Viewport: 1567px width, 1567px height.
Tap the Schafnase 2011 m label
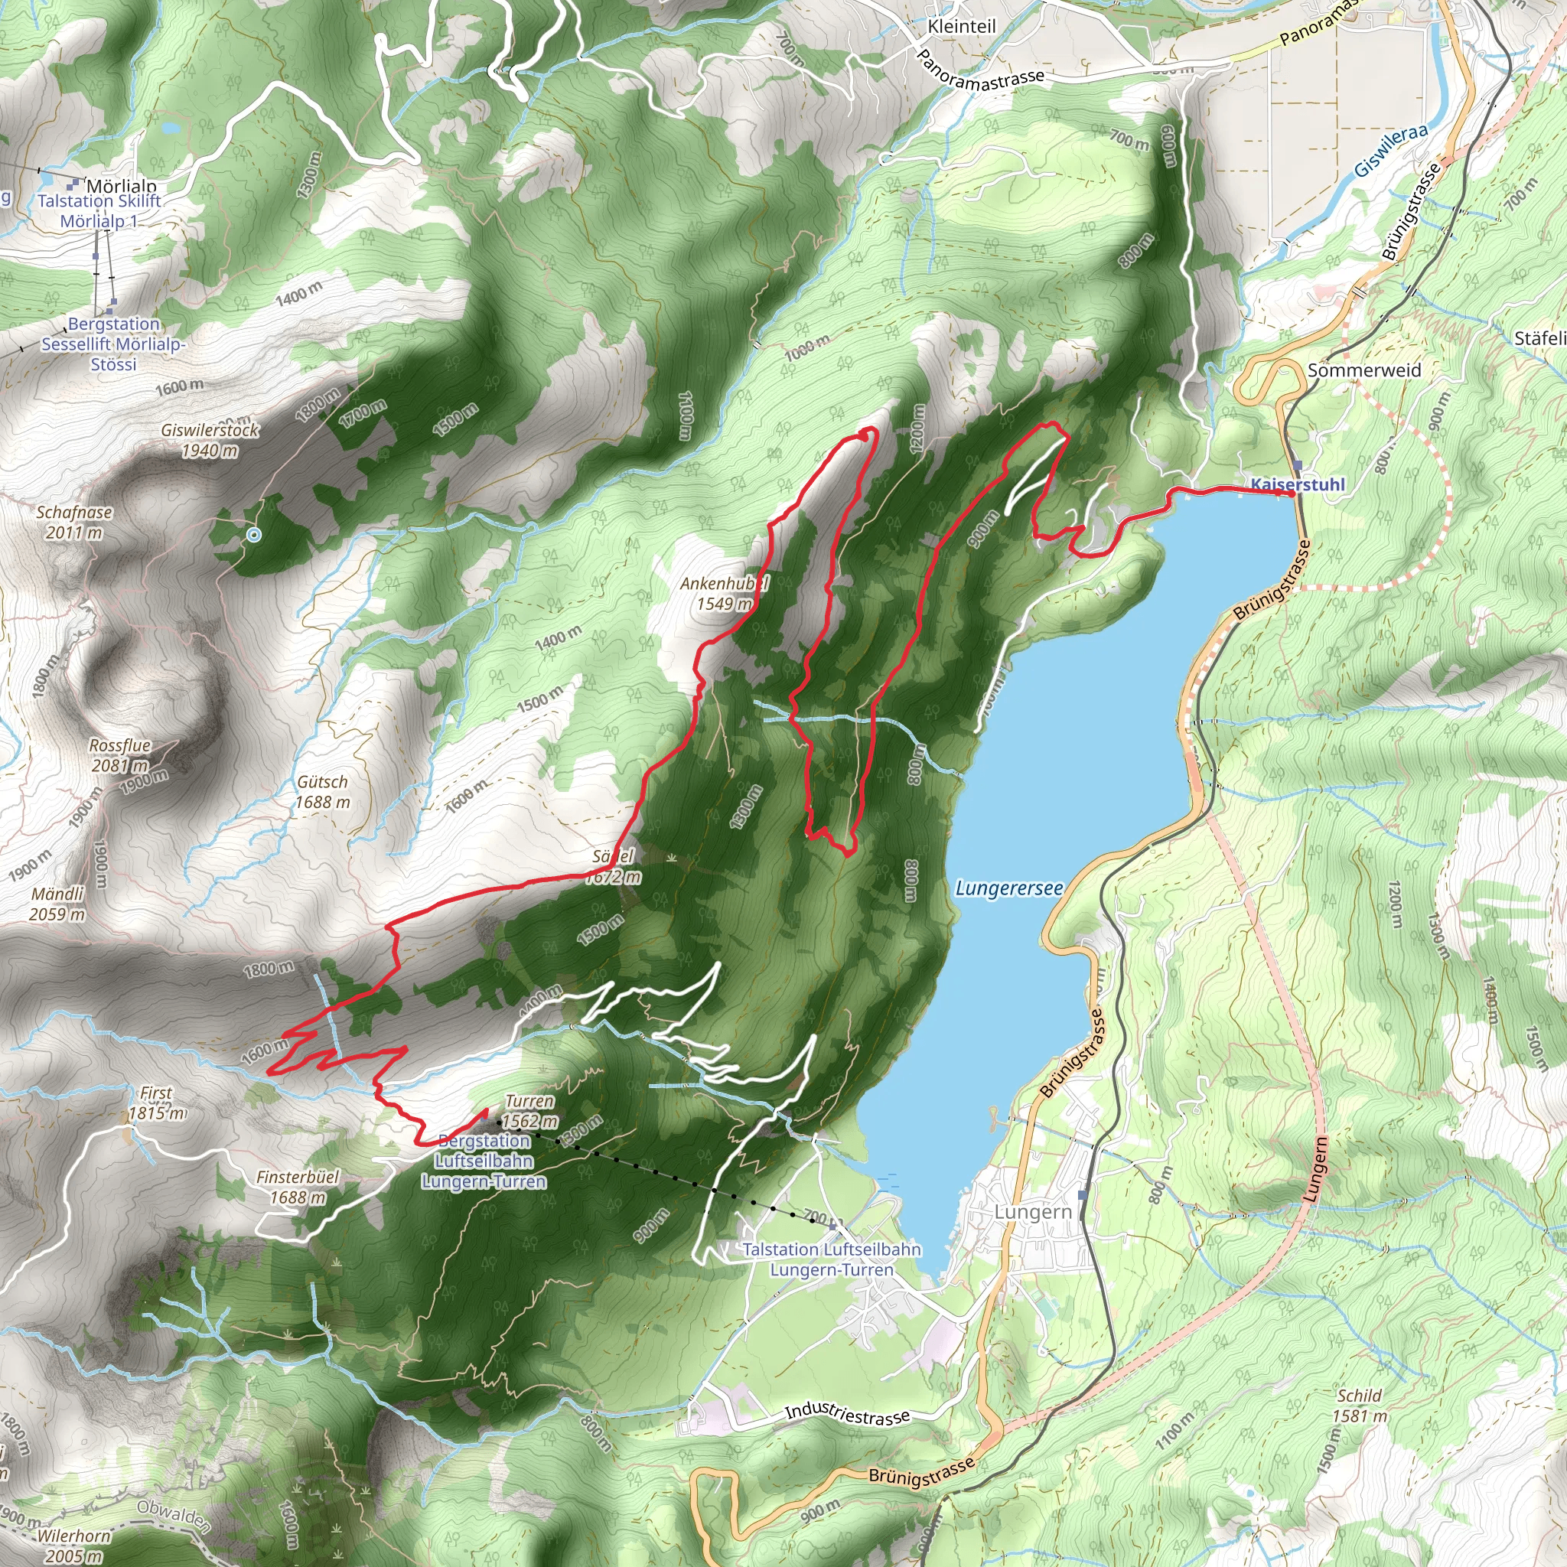(73, 523)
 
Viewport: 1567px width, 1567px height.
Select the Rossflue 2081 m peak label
(120, 755)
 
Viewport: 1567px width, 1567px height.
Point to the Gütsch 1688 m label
(322, 792)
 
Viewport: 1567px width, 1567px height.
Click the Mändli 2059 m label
(57, 904)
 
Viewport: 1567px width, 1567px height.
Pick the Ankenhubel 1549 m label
(724, 594)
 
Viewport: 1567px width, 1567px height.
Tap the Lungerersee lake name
(1008, 888)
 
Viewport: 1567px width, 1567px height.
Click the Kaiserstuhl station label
(1297, 485)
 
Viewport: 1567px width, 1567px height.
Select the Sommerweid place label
(1364, 370)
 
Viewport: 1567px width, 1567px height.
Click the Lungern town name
(1032, 1212)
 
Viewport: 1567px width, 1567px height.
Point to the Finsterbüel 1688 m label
(298, 1187)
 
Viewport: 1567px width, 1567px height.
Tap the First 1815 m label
(157, 1103)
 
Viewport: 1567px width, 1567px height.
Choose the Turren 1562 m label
(529, 1111)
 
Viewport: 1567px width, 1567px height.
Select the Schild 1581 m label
(1360, 1406)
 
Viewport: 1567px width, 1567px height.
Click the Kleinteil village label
(961, 27)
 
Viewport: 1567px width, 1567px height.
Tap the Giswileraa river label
(1390, 151)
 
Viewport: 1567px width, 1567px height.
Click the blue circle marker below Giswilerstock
(254, 535)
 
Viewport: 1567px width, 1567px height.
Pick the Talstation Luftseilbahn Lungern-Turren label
(832, 1259)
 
